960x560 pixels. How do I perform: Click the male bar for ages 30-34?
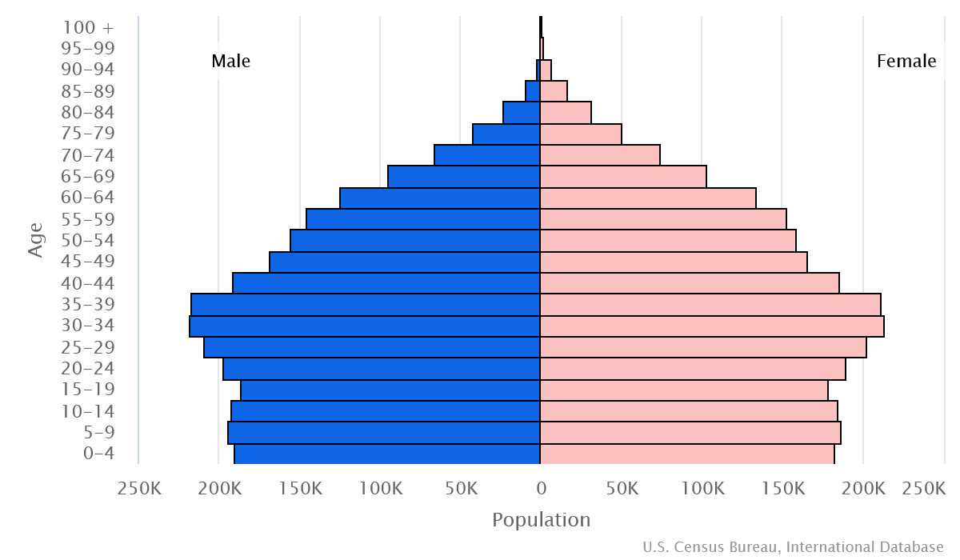[365, 326]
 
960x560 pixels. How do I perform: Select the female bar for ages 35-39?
[710, 305]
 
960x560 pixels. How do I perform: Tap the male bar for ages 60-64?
[440, 198]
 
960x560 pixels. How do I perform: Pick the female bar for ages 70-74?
[600, 155]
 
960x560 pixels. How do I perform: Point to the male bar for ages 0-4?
[387, 454]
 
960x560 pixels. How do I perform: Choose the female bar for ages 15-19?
[684, 390]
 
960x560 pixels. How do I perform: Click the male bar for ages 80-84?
[522, 113]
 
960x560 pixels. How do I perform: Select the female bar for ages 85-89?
[554, 91]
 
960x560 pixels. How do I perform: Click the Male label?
[231, 62]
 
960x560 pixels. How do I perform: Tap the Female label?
[906, 62]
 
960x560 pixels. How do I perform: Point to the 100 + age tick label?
[88, 27]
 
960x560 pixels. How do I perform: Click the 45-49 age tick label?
[88, 262]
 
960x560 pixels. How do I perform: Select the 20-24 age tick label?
[88, 369]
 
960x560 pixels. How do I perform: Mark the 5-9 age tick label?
[98, 433]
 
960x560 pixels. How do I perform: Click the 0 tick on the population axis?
[541, 488]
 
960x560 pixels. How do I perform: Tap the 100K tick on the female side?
[703, 488]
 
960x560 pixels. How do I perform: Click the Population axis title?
[541, 520]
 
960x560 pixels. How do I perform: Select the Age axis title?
[35, 240]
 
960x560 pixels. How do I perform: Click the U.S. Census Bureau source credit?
[793, 547]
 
